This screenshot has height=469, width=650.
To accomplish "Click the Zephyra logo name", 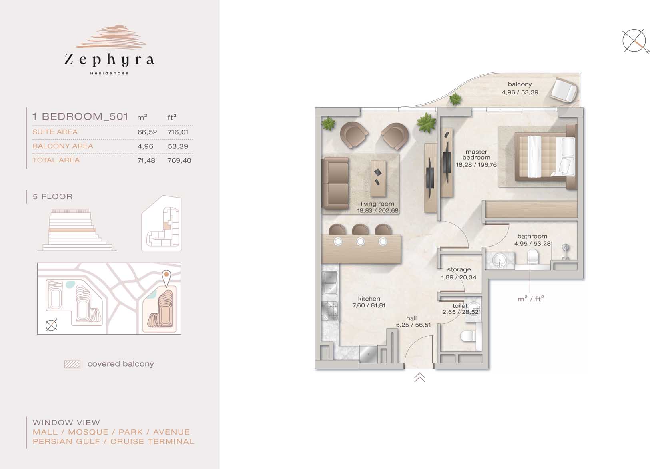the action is click(x=109, y=60).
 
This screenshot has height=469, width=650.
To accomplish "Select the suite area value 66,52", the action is click(x=147, y=132).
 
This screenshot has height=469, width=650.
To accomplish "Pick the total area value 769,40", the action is click(x=179, y=160).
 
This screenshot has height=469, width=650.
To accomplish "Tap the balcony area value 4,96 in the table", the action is click(x=145, y=146).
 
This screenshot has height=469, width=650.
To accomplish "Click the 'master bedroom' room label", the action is click(x=476, y=154).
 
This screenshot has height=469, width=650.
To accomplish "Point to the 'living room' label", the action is click(x=377, y=204).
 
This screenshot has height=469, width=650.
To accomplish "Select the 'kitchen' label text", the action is click(x=369, y=299).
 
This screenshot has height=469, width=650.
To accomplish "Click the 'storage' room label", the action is click(x=459, y=269).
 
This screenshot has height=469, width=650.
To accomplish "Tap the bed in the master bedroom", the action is click(x=546, y=157).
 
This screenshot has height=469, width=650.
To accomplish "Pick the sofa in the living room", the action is click(x=335, y=183).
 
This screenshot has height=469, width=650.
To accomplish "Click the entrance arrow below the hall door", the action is click(x=420, y=377).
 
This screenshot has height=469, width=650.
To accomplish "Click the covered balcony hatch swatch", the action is click(x=72, y=364).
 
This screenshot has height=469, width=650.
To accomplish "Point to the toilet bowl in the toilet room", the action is click(x=468, y=336).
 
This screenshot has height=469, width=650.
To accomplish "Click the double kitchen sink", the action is click(x=330, y=283).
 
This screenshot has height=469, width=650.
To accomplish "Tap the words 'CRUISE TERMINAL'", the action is click(x=152, y=442).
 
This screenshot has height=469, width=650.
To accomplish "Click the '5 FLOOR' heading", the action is click(x=52, y=196).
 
